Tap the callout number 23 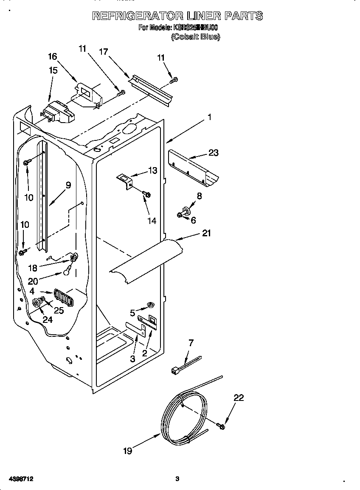point(214,152)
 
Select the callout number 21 point(207,233)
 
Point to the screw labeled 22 point(220,425)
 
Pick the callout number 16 point(52,57)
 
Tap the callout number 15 point(53,70)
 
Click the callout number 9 point(68,185)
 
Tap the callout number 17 point(103,52)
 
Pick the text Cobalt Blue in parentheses point(195,37)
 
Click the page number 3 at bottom point(177,479)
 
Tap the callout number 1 point(209,118)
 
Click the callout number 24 point(48,320)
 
